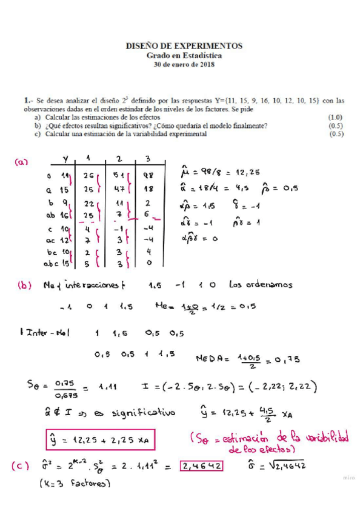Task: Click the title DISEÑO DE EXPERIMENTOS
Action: [x=183, y=45]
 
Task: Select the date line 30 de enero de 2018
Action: [x=183, y=64]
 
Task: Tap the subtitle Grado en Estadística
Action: [x=183, y=55]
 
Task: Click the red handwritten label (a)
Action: [x=22, y=162]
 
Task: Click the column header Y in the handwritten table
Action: [x=65, y=159]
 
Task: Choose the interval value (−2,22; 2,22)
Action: [x=284, y=387]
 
